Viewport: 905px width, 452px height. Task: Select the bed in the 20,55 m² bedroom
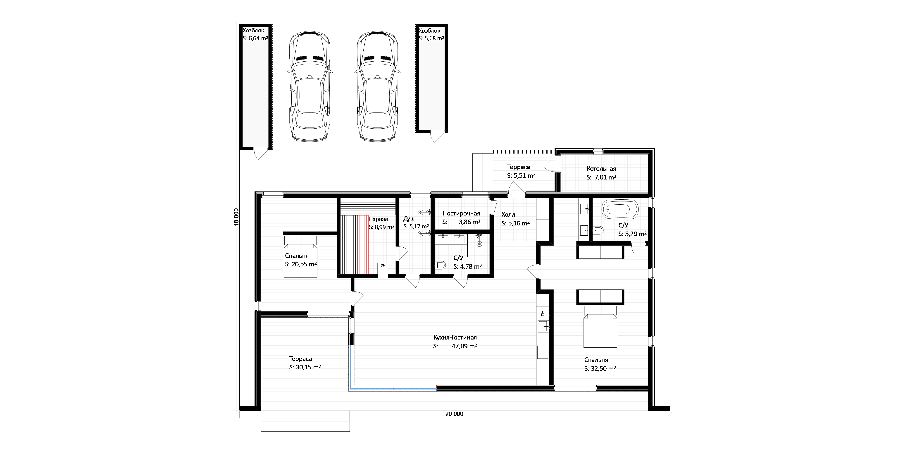[x=301, y=256]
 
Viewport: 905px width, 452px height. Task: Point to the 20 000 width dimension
[x=454, y=414]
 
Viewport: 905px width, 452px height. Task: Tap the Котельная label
[x=601, y=169]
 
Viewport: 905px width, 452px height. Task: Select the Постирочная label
[x=461, y=213]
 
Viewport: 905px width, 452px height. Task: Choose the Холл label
[x=508, y=214]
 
